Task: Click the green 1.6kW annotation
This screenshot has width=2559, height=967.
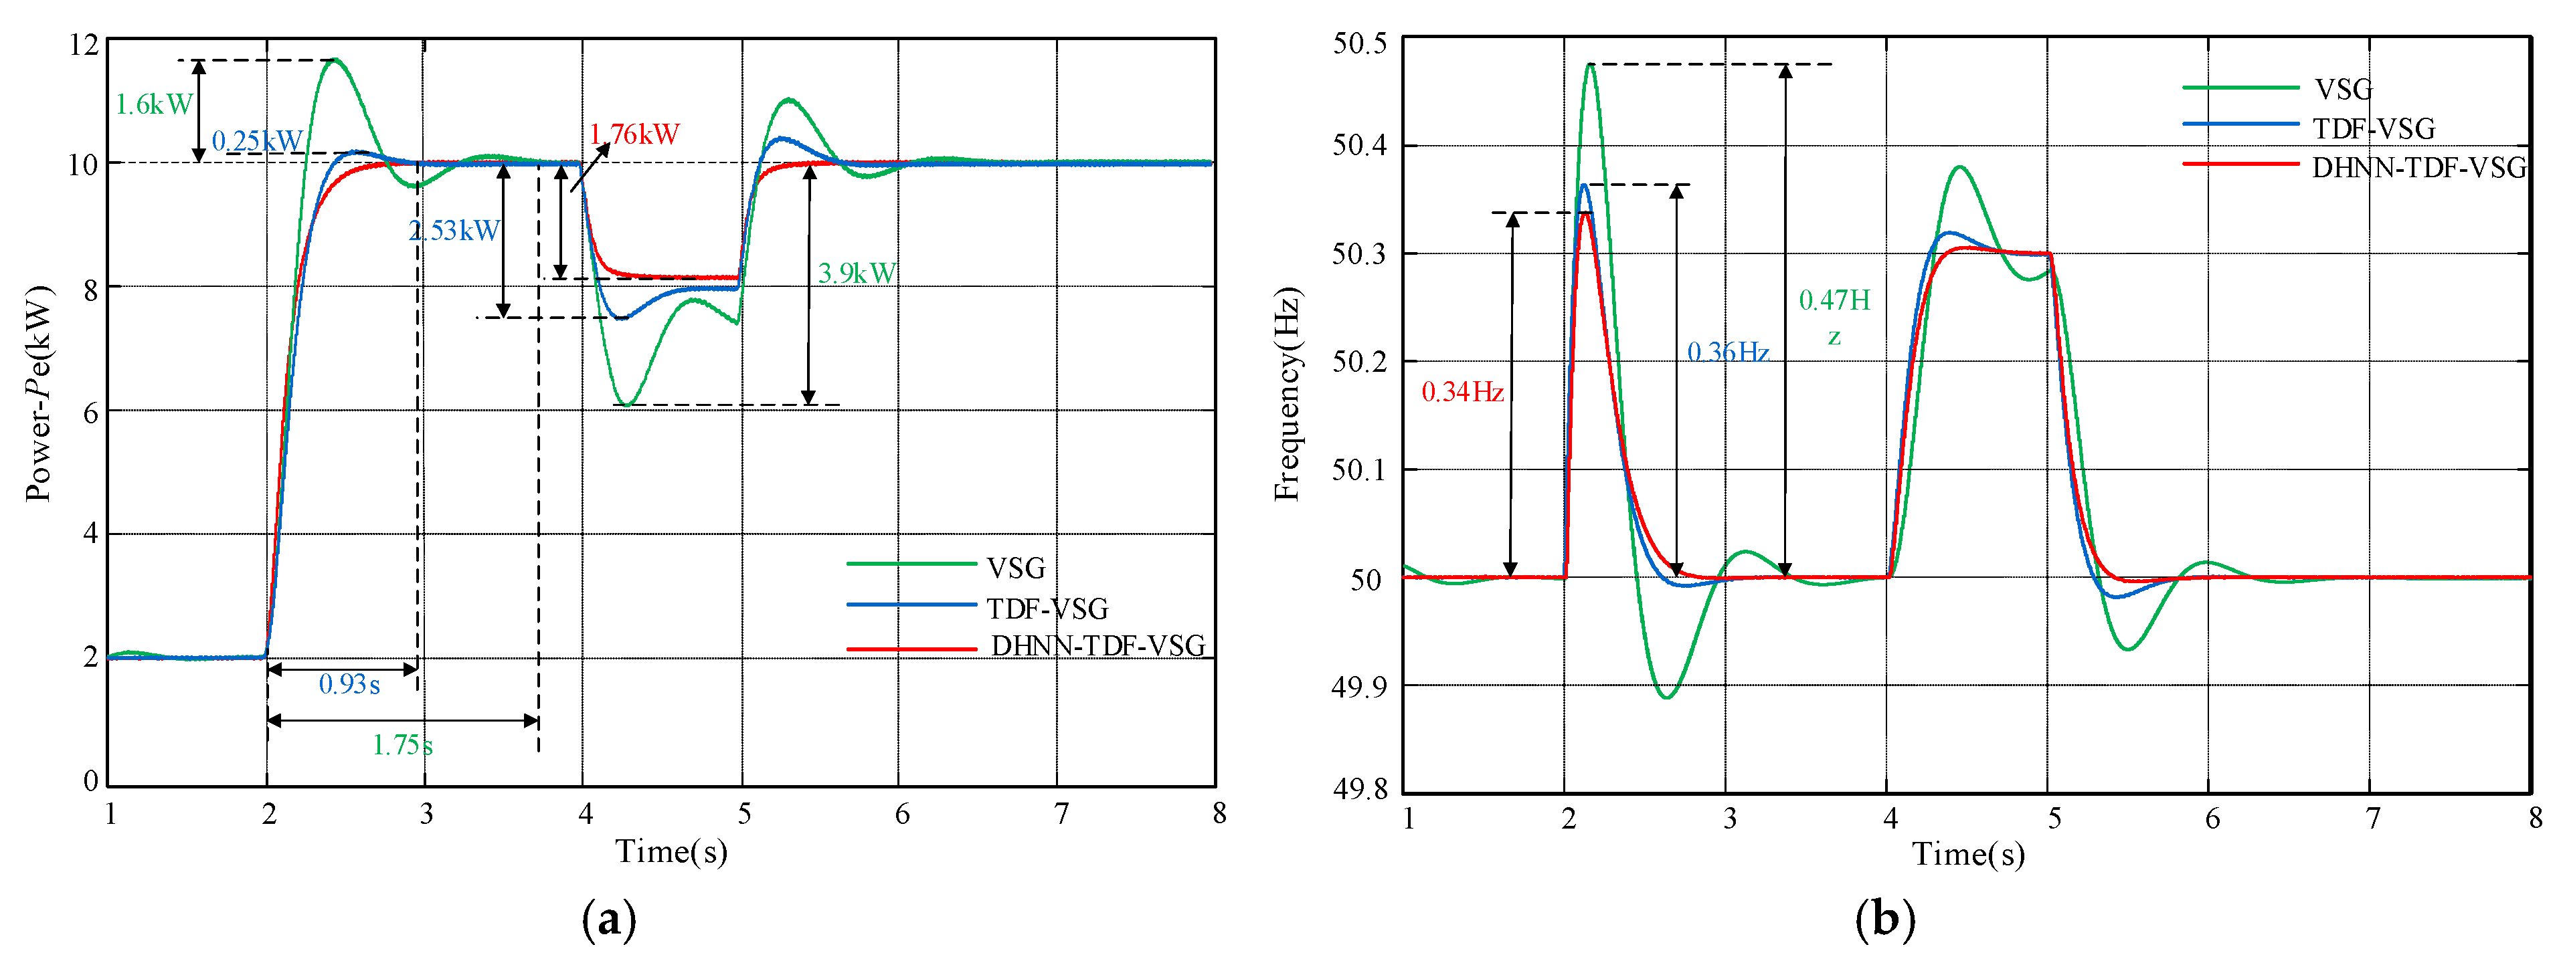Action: [x=154, y=104]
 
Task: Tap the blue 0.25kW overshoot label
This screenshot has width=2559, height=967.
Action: [x=257, y=141]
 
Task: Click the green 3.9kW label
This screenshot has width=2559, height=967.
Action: [x=857, y=273]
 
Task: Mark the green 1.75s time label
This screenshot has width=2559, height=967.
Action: [x=402, y=744]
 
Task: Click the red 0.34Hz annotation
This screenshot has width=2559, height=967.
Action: [x=1462, y=392]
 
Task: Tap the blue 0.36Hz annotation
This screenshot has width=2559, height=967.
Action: [x=1729, y=352]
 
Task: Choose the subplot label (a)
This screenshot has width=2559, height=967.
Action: [x=608, y=920]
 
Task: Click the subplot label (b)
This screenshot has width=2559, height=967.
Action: [x=1884, y=920]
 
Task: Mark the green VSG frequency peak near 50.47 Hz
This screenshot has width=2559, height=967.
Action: [x=1591, y=66]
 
